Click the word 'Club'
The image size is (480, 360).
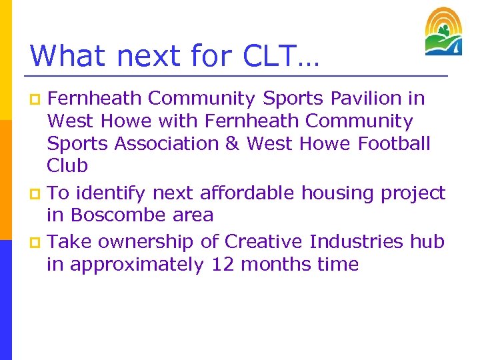(x=67, y=166)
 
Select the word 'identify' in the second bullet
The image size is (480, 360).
(x=111, y=193)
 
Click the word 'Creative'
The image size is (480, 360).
(x=264, y=241)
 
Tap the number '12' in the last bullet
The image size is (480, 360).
(x=223, y=265)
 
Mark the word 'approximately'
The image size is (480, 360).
(x=137, y=265)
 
